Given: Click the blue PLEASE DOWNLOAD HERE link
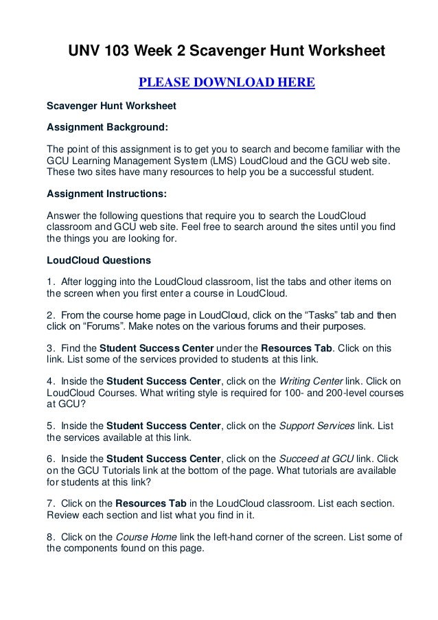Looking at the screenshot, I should (x=227, y=84).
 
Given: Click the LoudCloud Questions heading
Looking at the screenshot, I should (x=93, y=261).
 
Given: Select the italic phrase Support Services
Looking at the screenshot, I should (x=317, y=426).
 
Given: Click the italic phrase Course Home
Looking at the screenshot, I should (x=141, y=536).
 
